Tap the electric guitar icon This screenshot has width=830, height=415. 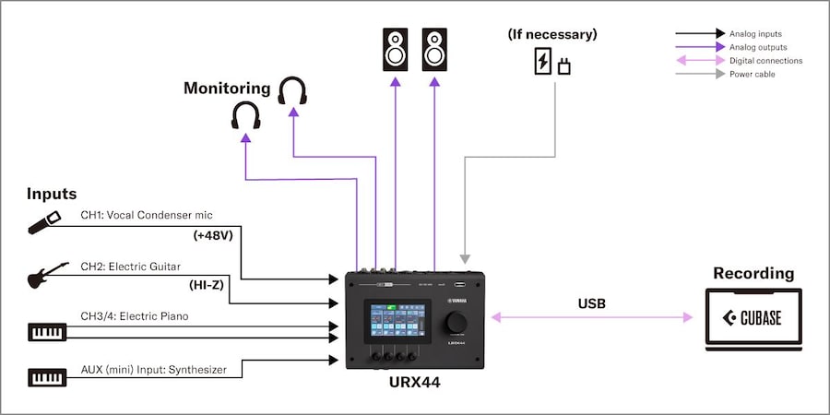(48, 275)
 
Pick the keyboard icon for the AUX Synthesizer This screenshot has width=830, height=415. (48, 376)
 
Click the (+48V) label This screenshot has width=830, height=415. (213, 235)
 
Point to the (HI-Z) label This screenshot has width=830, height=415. (207, 287)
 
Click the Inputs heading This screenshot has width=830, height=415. (52, 194)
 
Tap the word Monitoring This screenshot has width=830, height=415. (227, 89)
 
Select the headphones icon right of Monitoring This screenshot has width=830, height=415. (292, 91)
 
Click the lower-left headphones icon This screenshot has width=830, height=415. (246, 116)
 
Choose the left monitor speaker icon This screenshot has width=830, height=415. (396, 50)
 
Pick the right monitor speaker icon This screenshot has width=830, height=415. (434, 50)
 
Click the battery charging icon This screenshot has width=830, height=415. (543, 62)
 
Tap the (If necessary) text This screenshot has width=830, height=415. (552, 34)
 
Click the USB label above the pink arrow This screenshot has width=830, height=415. (592, 302)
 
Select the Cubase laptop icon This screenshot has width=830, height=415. (753, 319)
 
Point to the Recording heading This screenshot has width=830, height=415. (753, 274)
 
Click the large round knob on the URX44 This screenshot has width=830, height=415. (456, 322)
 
